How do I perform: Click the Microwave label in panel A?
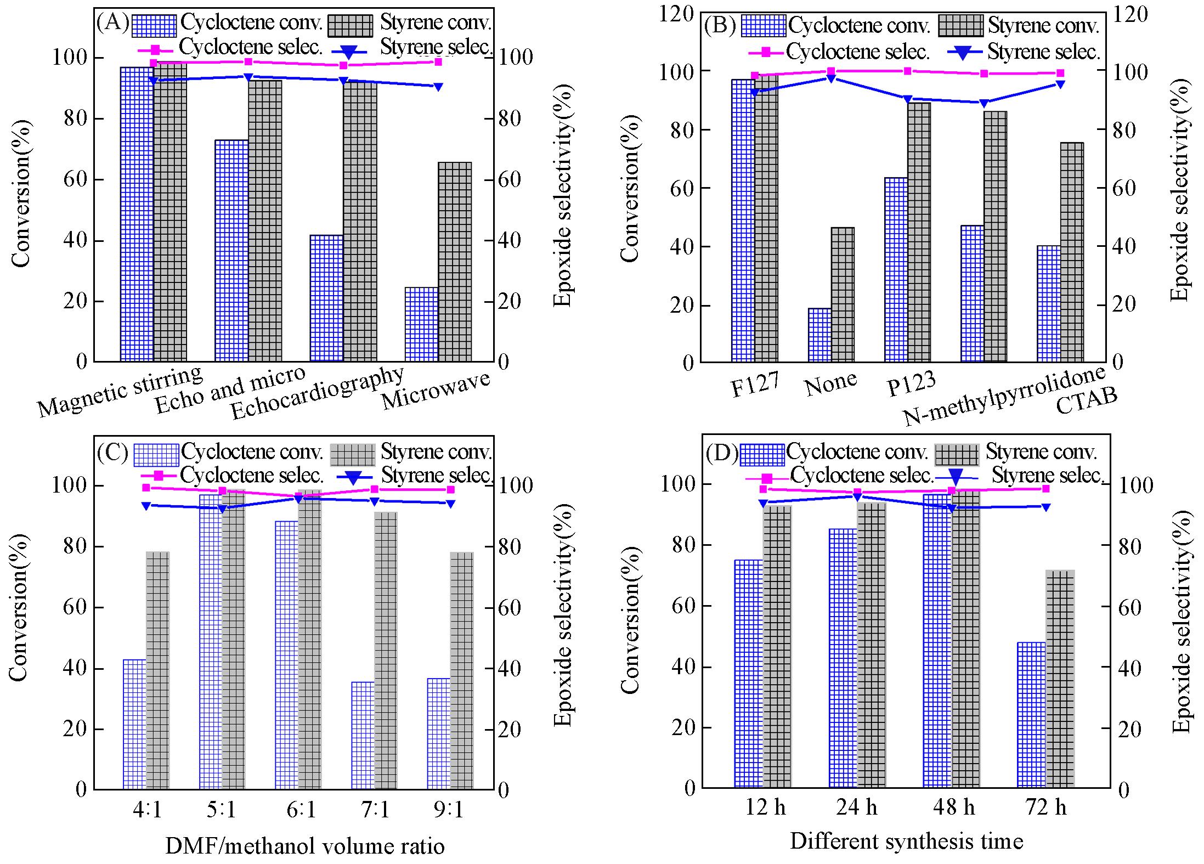436,390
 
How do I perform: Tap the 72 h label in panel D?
1045,807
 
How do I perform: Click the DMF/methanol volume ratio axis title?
305,846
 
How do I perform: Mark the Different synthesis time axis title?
906,841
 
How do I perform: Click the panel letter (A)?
112,22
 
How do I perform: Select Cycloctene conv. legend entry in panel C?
252,451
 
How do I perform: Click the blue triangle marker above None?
831,78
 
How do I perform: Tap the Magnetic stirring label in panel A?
120,391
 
